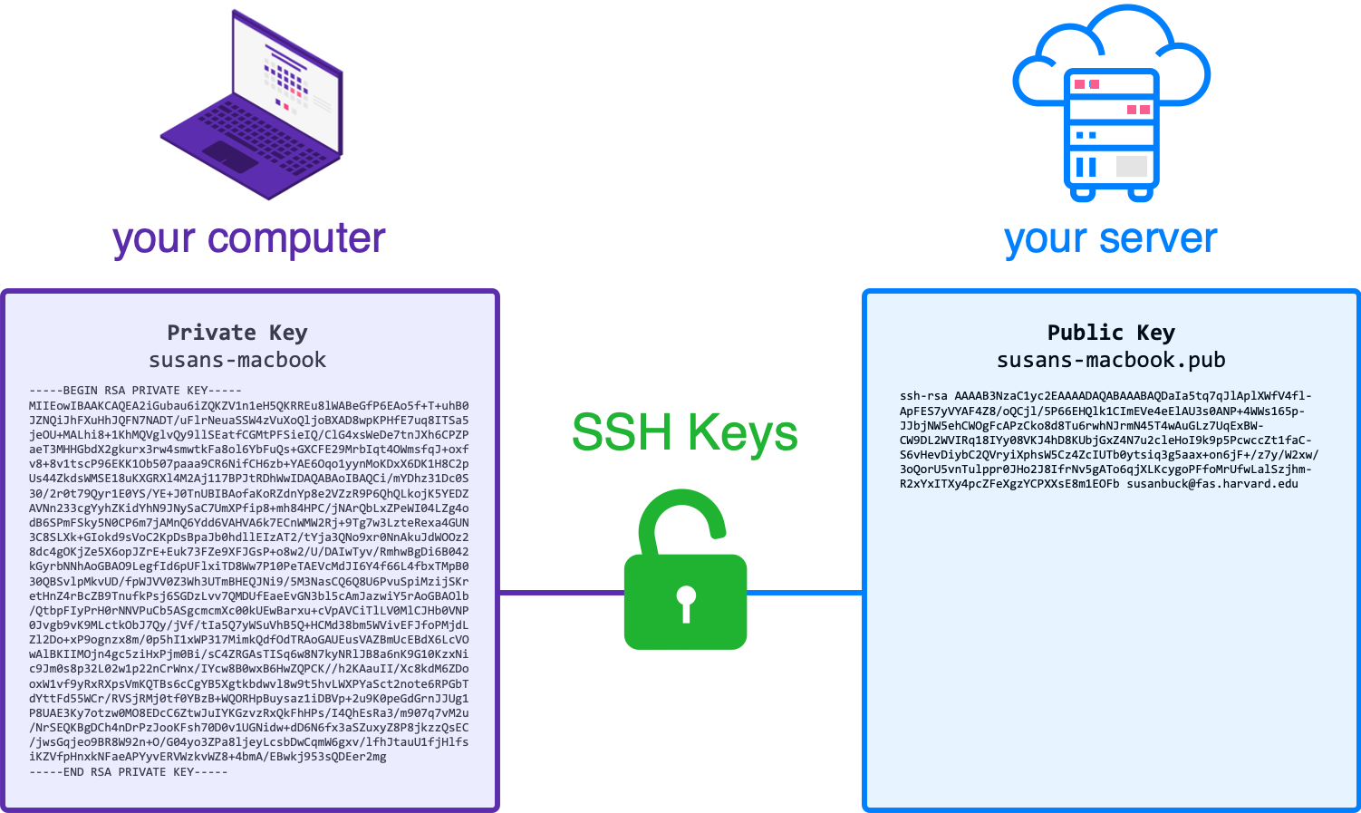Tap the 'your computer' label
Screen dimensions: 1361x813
(x=249, y=238)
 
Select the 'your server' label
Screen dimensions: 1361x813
(x=1111, y=238)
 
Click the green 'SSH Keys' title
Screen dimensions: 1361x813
(x=685, y=431)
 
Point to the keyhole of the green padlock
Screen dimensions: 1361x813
(x=686, y=600)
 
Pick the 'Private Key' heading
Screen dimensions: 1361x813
(x=237, y=333)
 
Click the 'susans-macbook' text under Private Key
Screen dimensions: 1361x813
(x=237, y=360)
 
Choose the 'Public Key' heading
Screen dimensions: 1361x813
(x=1111, y=333)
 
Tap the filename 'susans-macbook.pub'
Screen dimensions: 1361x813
(x=1111, y=361)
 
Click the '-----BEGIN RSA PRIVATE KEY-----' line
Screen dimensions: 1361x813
(x=135, y=391)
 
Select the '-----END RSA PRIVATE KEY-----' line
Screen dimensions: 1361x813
(x=128, y=772)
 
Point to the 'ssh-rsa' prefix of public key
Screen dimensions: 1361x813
(x=923, y=396)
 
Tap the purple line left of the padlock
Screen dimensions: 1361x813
(x=561, y=593)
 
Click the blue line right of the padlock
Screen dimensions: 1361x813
(x=805, y=593)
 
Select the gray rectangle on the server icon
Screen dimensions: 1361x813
(x=1132, y=166)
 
